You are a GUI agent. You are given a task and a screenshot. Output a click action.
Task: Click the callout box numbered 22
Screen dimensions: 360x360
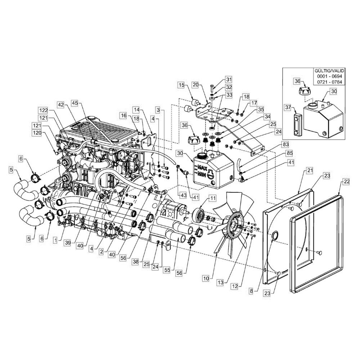[346, 182]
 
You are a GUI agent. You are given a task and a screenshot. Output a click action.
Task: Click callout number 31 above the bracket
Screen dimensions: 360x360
[229, 79]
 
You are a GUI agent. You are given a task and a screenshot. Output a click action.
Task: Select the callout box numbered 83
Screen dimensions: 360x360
[285, 144]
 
